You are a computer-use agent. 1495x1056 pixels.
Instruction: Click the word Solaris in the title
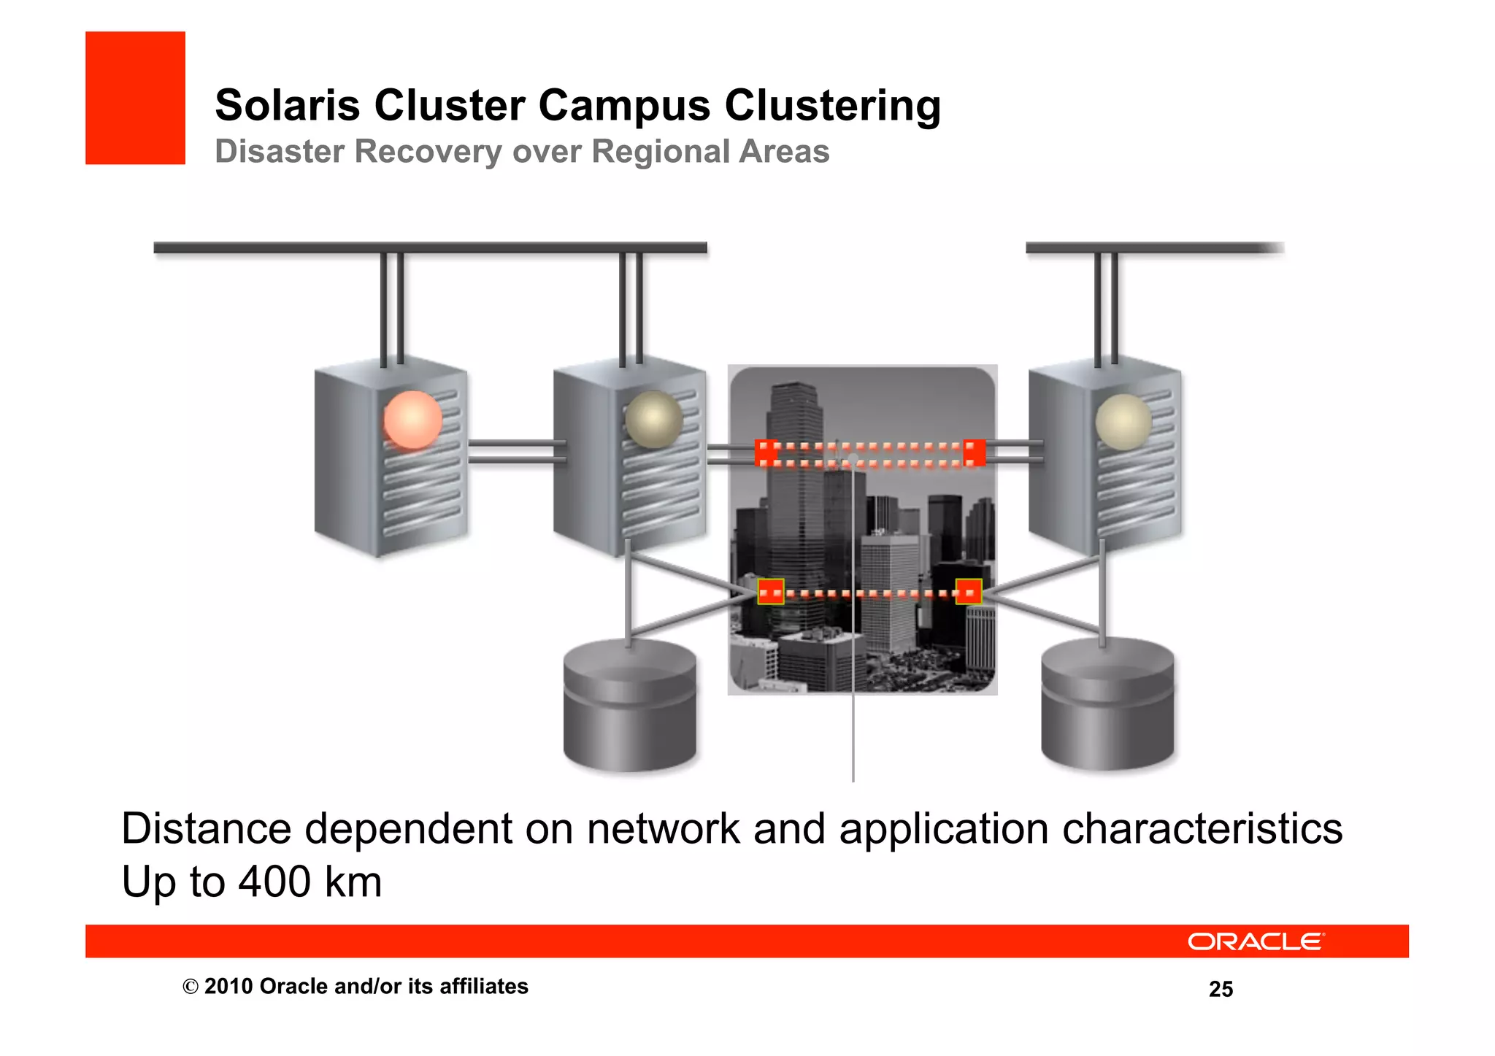click(x=287, y=106)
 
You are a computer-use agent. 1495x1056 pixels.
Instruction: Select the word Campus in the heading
click(x=624, y=106)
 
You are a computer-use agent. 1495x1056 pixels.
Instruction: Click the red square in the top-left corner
click(x=135, y=98)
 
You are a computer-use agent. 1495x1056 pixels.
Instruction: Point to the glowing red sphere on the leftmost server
click(x=413, y=420)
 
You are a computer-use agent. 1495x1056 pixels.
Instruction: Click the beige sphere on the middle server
click(x=653, y=420)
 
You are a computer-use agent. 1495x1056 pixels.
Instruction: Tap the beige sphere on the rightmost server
click(x=1123, y=422)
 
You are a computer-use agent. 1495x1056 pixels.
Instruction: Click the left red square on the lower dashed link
click(x=770, y=592)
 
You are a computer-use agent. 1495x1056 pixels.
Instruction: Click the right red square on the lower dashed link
click(x=969, y=592)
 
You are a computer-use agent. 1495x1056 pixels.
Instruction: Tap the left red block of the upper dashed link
click(x=766, y=452)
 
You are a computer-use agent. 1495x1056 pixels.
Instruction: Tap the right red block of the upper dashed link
click(x=974, y=452)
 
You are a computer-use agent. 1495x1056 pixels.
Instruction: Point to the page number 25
click(x=1221, y=990)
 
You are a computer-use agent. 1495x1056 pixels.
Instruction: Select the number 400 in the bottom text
click(x=274, y=882)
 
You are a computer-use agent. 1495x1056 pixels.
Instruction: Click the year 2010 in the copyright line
click(x=228, y=987)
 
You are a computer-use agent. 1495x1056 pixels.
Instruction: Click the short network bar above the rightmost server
click(x=1153, y=248)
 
